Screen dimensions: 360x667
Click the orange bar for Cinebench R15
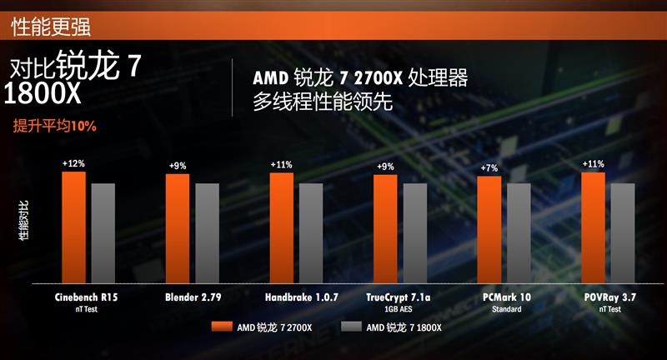[73, 227]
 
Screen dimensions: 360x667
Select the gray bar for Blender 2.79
[207, 233]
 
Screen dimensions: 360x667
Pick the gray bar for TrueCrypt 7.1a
[414, 233]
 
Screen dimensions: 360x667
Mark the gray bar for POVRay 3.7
[622, 233]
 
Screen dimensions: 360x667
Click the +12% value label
[73, 164]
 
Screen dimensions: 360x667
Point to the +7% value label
[489, 168]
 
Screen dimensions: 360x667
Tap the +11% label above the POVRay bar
[593, 164]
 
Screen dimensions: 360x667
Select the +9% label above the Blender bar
[178, 166]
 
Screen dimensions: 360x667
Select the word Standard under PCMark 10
[506, 308]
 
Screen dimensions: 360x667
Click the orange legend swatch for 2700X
[219, 327]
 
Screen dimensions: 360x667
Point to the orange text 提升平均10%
[55, 127]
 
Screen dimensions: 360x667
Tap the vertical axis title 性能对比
[23, 221]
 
